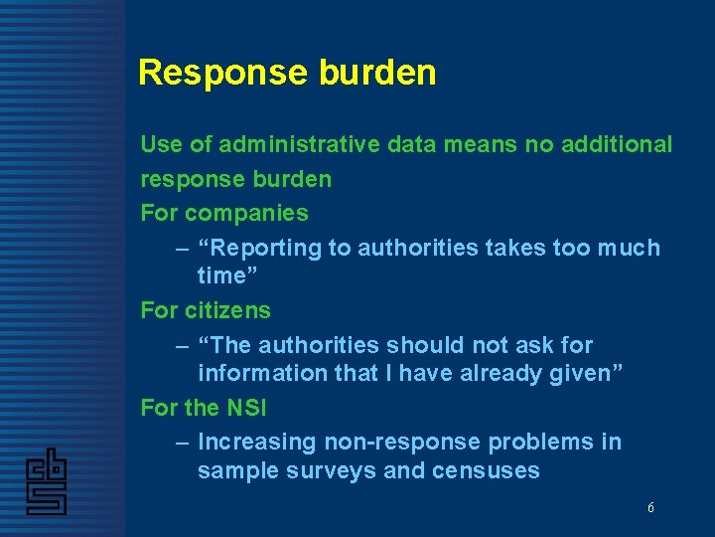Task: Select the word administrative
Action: pyautogui.click(x=298, y=145)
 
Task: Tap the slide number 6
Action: pyautogui.click(x=650, y=508)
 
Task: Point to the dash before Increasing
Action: pyautogui.click(x=181, y=442)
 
